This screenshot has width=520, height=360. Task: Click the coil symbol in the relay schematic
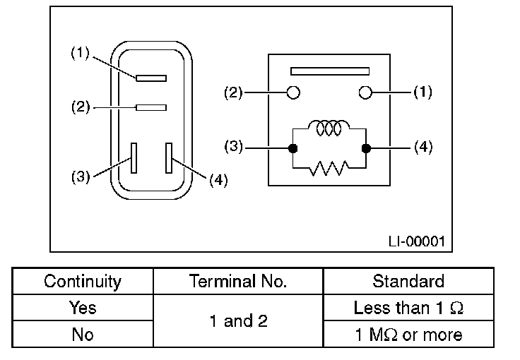tap(329, 129)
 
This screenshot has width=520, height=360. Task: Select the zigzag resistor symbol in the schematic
tap(329, 167)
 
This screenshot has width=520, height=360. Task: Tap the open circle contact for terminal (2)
tap(293, 92)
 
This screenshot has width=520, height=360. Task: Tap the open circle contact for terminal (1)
tap(365, 92)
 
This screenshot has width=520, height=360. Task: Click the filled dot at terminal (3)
tap(292, 148)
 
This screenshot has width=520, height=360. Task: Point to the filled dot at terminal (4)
tap(366, 148)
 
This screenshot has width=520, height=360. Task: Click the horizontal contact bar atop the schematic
tap(330, 71)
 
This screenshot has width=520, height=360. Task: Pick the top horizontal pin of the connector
tap(150, 78)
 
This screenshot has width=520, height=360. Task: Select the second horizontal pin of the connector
tap(150, 107)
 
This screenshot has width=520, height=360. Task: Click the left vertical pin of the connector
tap(133, 157)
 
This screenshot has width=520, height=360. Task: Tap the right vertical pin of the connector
tap(169, 157)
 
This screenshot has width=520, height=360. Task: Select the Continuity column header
tap(83, 281)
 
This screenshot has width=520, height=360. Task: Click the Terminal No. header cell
tap(238, 281)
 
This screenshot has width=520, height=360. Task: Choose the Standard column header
tap(408, 281)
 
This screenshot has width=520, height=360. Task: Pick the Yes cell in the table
tap(83, 308)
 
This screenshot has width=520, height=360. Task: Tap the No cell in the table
tap(83, 334)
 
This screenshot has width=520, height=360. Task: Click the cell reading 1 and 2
tap(238, 321)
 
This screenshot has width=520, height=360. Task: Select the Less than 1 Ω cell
tap(408, 308)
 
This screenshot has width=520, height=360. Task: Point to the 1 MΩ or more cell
tap(408, 334)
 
